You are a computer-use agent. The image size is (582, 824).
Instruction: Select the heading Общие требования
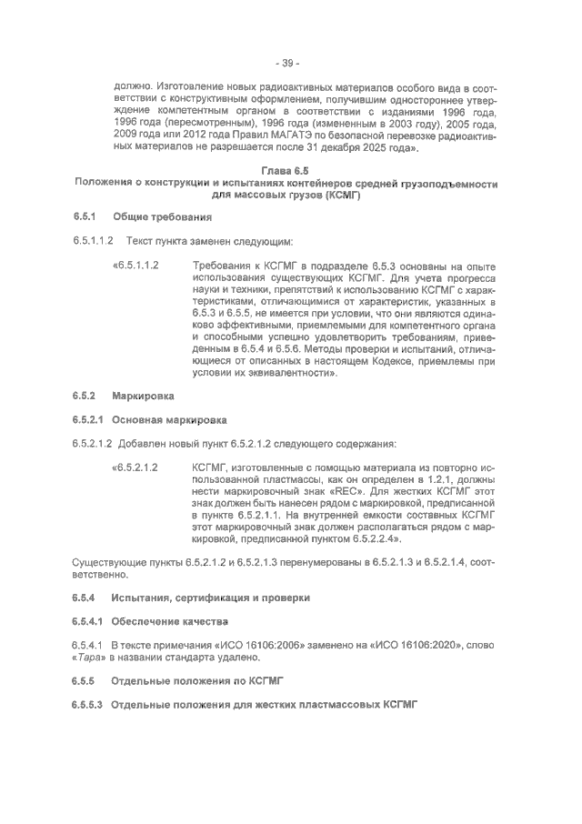pos(161,218)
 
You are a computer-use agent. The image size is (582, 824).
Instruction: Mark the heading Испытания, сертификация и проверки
pos(210,598)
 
